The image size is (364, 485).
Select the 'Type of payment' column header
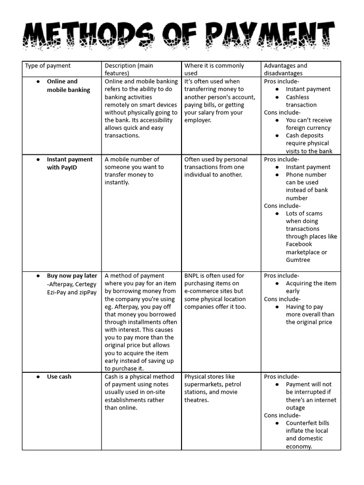(47, 66)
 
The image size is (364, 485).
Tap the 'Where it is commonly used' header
(214, 69)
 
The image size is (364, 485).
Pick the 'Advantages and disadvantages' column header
(285, 69)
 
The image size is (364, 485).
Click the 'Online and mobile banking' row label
(68, 86)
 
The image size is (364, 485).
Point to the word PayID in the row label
(69, 167)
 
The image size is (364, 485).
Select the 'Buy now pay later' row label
(72, 276)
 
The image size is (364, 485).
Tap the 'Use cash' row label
(59, 377)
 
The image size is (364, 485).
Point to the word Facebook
(299, 244)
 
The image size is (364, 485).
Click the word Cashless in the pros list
(297, 97)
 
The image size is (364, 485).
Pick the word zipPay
(88, 292)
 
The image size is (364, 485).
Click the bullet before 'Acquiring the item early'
(277, 284)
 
